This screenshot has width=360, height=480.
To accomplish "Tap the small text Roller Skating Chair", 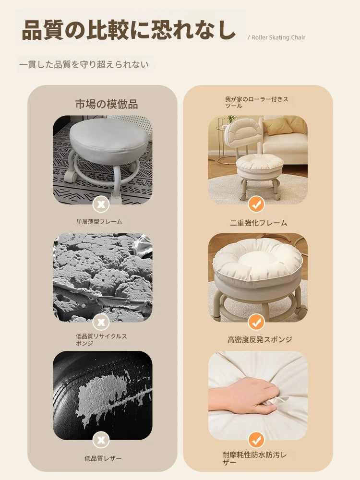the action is coord(278,37).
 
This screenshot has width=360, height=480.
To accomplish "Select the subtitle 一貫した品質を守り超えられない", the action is coord(84,65).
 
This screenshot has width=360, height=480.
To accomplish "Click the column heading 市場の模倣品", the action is coord(107,104).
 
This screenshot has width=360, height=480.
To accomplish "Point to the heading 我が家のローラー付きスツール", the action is coord(256,102).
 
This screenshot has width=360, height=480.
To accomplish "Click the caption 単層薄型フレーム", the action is coord(99,221).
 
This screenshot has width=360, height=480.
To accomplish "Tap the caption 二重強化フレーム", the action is coord(258,223).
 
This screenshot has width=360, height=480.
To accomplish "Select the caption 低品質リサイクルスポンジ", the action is coord(101,339).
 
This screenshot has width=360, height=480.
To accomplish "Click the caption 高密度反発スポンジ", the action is coord(260,339).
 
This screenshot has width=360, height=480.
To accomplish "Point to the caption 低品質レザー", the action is coord(103,458).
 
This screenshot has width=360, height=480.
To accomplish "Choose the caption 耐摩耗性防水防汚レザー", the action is coord(254,458).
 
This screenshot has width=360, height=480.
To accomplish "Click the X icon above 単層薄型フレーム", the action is coord(101,204).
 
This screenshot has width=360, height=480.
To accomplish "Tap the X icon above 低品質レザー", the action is coord(101,440).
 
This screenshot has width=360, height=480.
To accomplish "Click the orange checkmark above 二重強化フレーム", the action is coord(256,204).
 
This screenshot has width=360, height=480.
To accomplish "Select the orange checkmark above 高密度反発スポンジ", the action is coord(256,322).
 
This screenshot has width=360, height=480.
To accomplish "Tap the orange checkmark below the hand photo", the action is coord(256,440).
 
